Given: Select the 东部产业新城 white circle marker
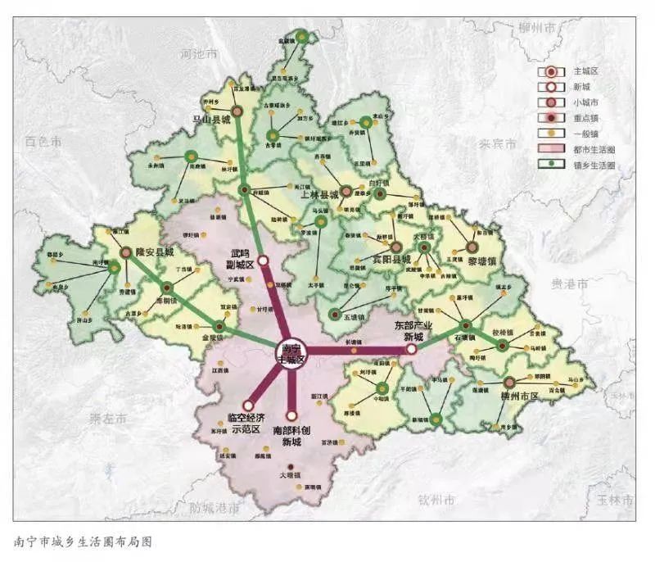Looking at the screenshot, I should tap(412, 349).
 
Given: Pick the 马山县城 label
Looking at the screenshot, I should tap(211, 119).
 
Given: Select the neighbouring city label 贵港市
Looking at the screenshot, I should tap(569, 284).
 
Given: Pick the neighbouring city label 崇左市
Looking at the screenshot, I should tap(108, 419).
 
